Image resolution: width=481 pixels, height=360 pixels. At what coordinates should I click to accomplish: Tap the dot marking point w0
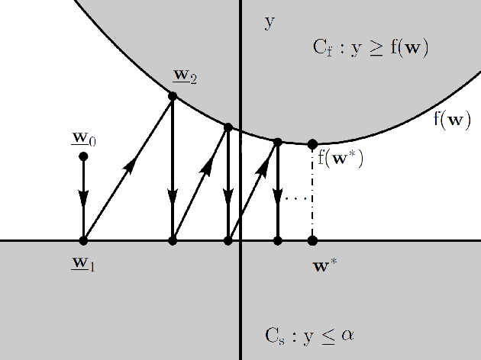(x=83, y=156)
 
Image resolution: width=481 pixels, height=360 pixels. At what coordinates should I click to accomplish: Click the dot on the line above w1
(x=83, y=240)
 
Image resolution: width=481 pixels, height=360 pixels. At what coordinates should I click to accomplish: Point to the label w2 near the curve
(x=186, y=76)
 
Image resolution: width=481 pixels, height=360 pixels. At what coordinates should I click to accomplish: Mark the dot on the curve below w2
(x=173, y=96)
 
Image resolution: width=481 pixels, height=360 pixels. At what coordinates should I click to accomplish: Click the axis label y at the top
(x=269, y=22)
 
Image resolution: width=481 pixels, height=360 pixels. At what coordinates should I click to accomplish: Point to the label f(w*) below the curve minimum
(x=341, y=160)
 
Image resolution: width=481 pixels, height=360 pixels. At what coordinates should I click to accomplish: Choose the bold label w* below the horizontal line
(x=326, y=266)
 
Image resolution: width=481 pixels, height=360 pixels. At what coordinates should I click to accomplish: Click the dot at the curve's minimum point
(x=312, y=144)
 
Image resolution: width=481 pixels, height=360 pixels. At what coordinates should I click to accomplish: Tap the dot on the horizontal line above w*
(x=312, y=240)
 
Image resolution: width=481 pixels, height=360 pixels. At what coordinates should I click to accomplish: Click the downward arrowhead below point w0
(x=83, y=202)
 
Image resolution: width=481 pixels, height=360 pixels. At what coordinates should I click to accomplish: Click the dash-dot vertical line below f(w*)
(x=312, y=198)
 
